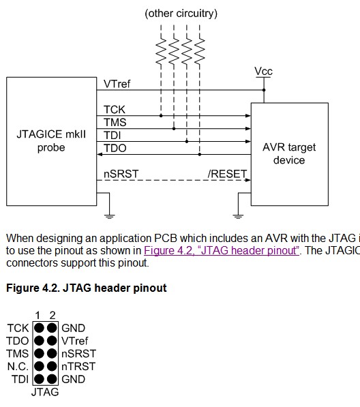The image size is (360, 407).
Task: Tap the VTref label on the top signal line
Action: coord(117,84)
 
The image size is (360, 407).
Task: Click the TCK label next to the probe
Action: coord(114,109)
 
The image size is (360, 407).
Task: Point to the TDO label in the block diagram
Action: coord(115,148)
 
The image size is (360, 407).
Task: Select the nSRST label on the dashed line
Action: coord(121,174)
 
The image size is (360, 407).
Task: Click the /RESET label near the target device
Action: coord(228,174)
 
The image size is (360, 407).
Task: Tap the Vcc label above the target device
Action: coord(263,71)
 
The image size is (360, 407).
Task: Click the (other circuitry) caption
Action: coord(181,14)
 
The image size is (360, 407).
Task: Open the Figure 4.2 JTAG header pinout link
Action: coord(222,250)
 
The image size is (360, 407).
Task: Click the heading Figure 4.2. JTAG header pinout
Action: coord(86,288)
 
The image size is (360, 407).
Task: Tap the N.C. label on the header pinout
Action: coord(17,366)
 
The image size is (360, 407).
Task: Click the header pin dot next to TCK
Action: coord(39,328)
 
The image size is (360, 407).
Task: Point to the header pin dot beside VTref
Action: coord(52,341)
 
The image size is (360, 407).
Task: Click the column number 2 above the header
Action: coord(52,315)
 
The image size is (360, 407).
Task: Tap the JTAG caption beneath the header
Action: coord(45,392)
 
